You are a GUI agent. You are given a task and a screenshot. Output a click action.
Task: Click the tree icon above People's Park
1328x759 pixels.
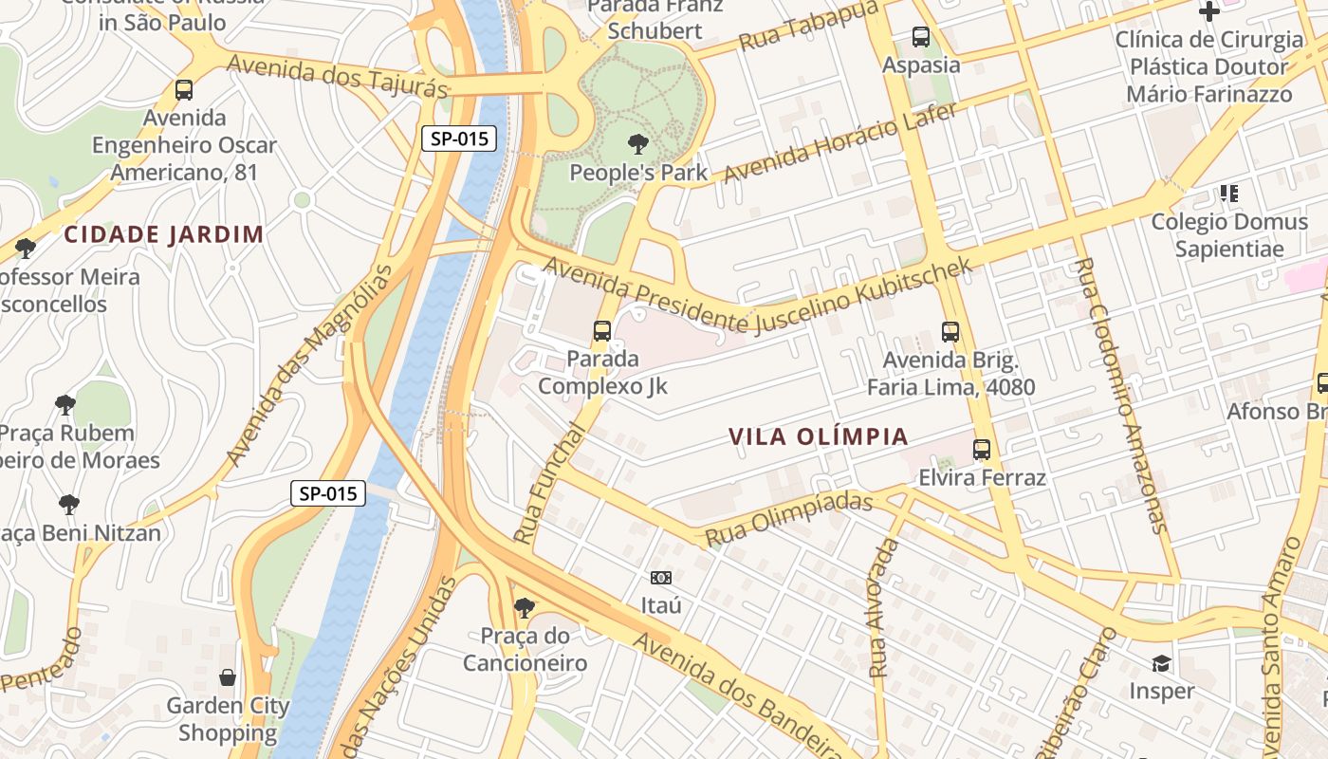(x=638, y=144)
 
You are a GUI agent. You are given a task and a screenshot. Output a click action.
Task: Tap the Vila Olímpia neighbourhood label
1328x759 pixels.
(x=819, y=437)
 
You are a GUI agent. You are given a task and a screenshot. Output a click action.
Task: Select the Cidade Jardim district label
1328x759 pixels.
(x=164, y=234)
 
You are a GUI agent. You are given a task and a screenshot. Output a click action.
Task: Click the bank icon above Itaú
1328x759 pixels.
(x=661, y=577)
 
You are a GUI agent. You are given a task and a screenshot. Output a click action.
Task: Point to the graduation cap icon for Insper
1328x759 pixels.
(x=1161, y=662)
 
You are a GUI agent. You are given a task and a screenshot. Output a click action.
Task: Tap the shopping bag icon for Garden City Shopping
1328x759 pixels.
(x=228, y=677)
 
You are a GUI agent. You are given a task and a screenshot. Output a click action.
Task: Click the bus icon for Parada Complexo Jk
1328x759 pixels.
(x=602, y=331)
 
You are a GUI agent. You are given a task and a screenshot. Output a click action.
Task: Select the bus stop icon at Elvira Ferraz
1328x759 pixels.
(x=982, y=449)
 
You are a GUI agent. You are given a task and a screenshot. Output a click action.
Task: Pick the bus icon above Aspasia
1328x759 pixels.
(x=921, y=37)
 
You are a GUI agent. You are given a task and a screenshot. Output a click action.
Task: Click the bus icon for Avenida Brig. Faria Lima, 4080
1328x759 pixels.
(x=950, y=332)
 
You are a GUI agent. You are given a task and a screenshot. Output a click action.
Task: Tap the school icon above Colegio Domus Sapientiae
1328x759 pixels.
(x=1229, y=194)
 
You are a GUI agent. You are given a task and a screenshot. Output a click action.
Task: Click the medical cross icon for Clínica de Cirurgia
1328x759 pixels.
(x=1209, y=11)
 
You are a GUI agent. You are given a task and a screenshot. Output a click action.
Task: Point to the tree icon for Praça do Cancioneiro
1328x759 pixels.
(x=524, y=607)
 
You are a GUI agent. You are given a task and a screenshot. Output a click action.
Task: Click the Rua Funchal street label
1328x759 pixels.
(x=549, y=484)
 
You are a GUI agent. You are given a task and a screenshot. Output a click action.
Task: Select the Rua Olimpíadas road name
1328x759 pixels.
(x=789, y=518)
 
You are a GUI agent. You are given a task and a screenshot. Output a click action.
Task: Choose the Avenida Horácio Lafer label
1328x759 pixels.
(x=839, y=142)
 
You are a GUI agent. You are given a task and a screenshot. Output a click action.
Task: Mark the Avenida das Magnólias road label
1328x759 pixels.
(x=309, y=365)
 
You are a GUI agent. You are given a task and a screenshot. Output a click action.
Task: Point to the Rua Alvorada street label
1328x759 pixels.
(x=883, y=607)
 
